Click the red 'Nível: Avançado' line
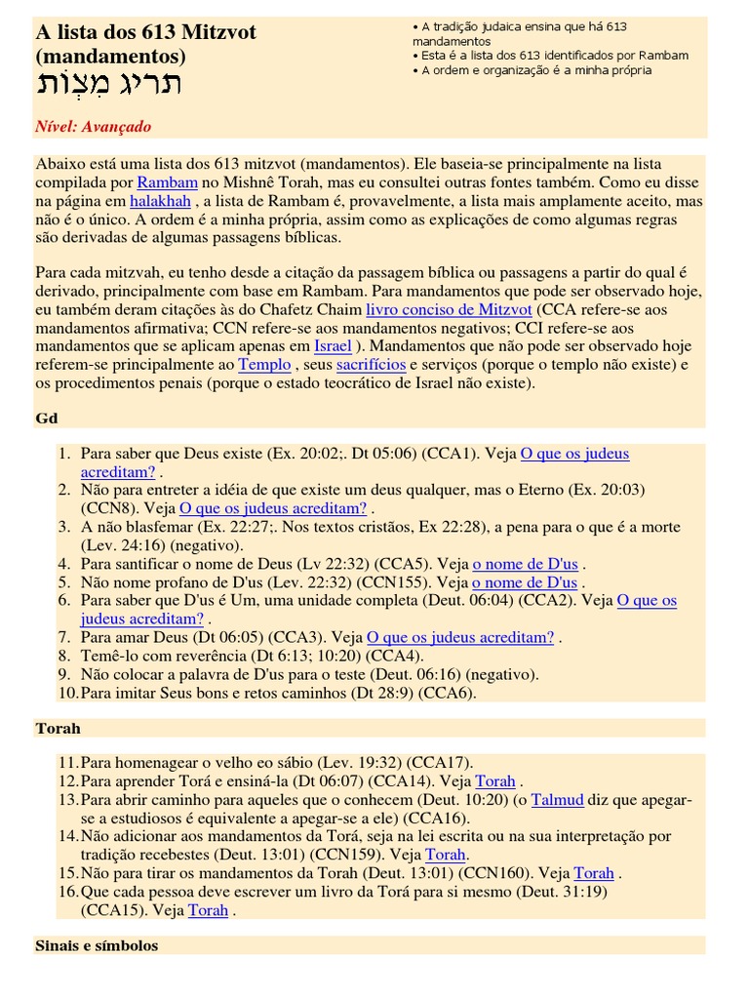click(x=93, y=127)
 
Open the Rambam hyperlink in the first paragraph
click(x=168, y=181)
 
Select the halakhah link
click(x=161, y=200)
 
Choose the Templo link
click(x=265, y=364)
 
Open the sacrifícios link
click(x=371, y=364)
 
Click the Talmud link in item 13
click(x=558, y=799)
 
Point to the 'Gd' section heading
click(x=47, y=418)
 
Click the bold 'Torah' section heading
click(x=58, y=728)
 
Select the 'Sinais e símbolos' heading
click(x=97, y=945)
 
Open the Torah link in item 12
click(x=495, y=781)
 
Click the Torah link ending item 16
click(x=208, y=909)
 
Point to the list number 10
click(x=65, y=693)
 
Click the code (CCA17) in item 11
click(x=440, y=763)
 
